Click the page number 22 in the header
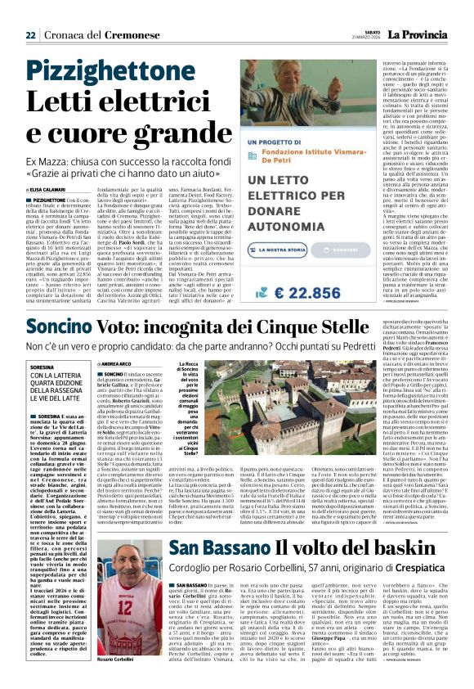(x=30, y=35)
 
